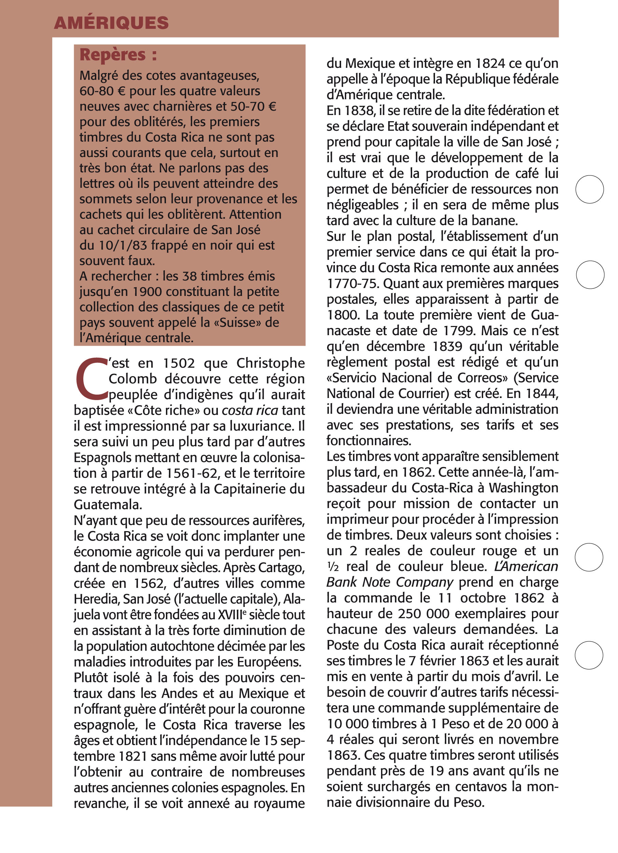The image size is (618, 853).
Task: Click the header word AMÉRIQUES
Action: (x=111, y=23)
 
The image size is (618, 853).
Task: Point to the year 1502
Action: (x=179, y=363)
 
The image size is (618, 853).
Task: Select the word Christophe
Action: (x=270, y=363)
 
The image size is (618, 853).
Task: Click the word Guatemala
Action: (x=108, y=505)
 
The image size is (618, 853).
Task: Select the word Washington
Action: (x=523, y=488)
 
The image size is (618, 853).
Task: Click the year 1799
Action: (x=460, y=331)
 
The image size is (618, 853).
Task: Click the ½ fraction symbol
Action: (x=333, y=567)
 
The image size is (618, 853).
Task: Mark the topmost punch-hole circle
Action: (x=589, y=189)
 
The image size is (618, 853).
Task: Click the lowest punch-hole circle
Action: (x=589, y=655)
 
